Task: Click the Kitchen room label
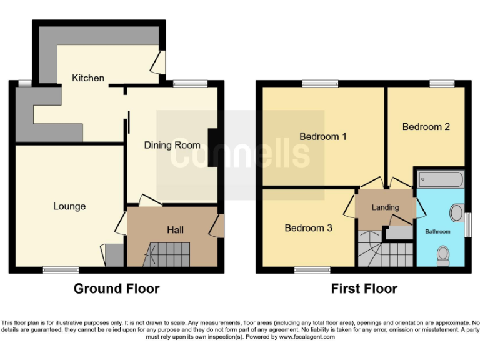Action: point(88,78)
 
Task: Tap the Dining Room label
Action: point(172,145)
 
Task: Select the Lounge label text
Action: point(69,206)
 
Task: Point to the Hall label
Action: point(175,230)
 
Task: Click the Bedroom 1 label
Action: point(322,136)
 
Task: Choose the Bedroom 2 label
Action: point(426,127)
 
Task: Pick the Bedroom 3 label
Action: point(308,228)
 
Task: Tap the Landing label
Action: point(385,207)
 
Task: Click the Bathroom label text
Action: point(437,232)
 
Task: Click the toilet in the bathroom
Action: point(444,254)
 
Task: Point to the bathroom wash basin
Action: point(458,212)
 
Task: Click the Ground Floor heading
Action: point(116,289)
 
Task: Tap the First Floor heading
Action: point(364,289)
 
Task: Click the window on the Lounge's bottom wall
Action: point(61,271)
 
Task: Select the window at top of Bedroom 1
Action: point(320,83)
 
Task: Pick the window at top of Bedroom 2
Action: point(442,83)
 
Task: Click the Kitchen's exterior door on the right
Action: point(160,62)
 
